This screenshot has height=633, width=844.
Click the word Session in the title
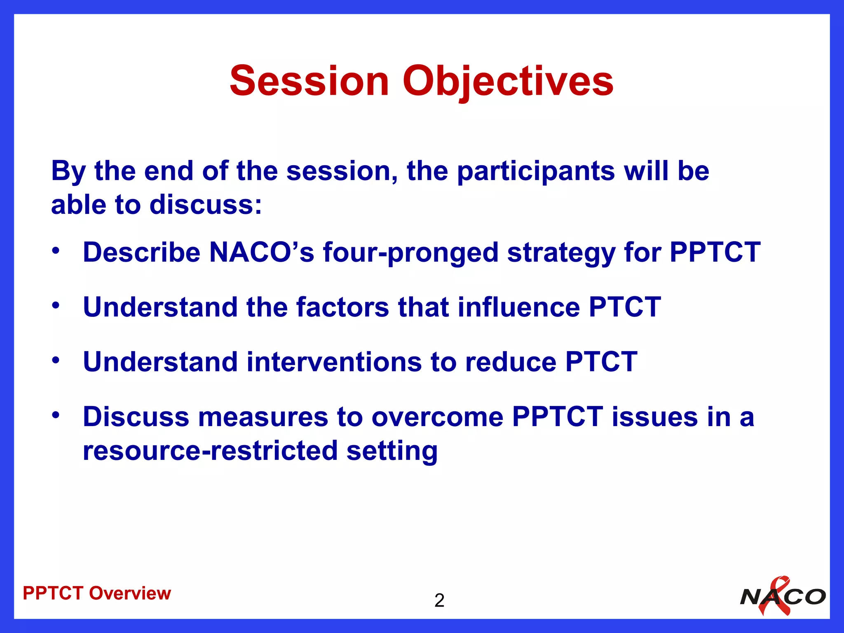click(309, 81)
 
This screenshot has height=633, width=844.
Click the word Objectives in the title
click(508, 81)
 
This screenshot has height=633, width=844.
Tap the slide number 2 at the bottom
click(439, 600)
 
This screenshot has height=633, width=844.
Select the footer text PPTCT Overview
click(97, 593)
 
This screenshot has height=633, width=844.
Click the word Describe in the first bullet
click(141, 252)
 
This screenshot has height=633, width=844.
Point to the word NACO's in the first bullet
click(262, 252)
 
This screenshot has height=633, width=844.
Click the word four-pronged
click(410, 253)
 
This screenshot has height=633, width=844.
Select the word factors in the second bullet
click(342, 307)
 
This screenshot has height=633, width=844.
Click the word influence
click(518, 307)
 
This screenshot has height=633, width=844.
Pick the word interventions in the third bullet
click(334, 362)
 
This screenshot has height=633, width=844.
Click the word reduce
click(511, 362)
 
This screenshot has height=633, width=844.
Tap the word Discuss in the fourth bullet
click(136, 417)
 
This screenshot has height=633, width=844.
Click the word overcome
click(437, 417)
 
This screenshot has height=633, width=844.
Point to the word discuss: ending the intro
click(205, 205)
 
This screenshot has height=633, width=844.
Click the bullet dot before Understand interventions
click(56, 360)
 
